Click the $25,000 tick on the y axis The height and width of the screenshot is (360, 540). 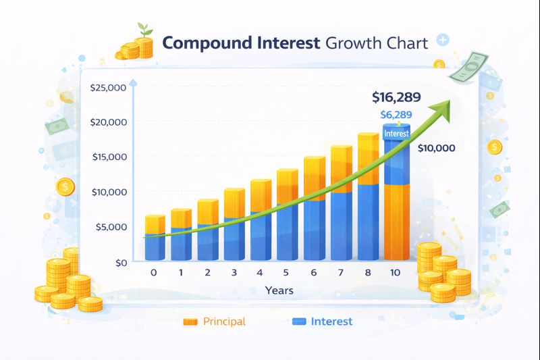[x=108, y=88]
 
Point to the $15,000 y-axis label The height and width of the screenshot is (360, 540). [x=108, y=157]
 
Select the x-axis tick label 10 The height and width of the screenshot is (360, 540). [x=396, y=272]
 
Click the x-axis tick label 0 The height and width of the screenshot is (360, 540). [x=153, y=272]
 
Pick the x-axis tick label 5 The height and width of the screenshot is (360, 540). [x=286, y=272]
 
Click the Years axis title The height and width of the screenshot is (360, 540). [x=278, y=290]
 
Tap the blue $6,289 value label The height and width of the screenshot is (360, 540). [x=396, y=115]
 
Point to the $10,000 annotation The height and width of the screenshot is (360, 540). [x=436, y=148]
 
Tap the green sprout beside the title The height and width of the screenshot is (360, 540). [x=143, y=29]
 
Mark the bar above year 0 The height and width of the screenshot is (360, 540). [x=155, y=238]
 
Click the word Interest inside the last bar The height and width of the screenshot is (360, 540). [x=396, y=134]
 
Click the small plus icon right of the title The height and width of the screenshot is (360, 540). [x=443, y=41]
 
